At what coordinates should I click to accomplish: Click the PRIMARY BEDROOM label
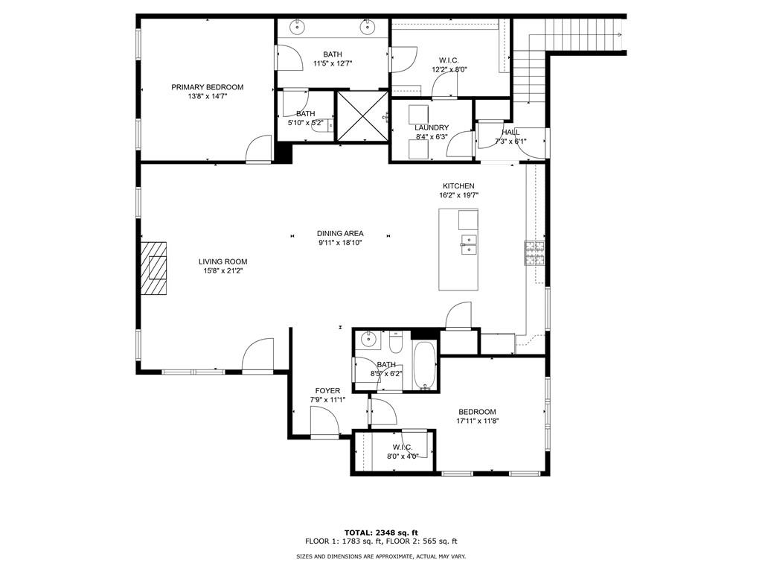coord(208,87)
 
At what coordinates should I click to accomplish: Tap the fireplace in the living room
coord(153,268)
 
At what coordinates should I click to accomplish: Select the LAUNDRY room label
coord(432,128)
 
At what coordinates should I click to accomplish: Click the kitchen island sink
coord(469,244)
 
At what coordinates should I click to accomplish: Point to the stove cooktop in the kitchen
coord(534,253)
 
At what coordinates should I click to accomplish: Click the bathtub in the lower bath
coord(425,366)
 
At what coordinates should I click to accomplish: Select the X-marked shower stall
coord(362,115)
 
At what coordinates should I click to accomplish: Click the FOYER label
coord(327,390)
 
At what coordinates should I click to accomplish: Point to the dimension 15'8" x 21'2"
coord(223,271)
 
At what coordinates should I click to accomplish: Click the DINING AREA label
coord(340,233)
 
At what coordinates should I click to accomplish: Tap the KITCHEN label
coord(458,185)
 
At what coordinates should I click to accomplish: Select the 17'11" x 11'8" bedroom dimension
coord(478,422)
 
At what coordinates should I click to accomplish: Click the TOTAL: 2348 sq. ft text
coord(381,533)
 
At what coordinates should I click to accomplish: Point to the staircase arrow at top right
coord(620,34)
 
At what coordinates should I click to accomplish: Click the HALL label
coord(510,133)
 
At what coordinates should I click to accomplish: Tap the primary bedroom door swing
coord(258,148)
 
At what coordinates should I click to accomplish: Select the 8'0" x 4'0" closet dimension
coord(403,457)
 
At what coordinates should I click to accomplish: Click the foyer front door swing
coord(324,422)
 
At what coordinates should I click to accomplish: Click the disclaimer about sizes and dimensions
coord(381,556)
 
